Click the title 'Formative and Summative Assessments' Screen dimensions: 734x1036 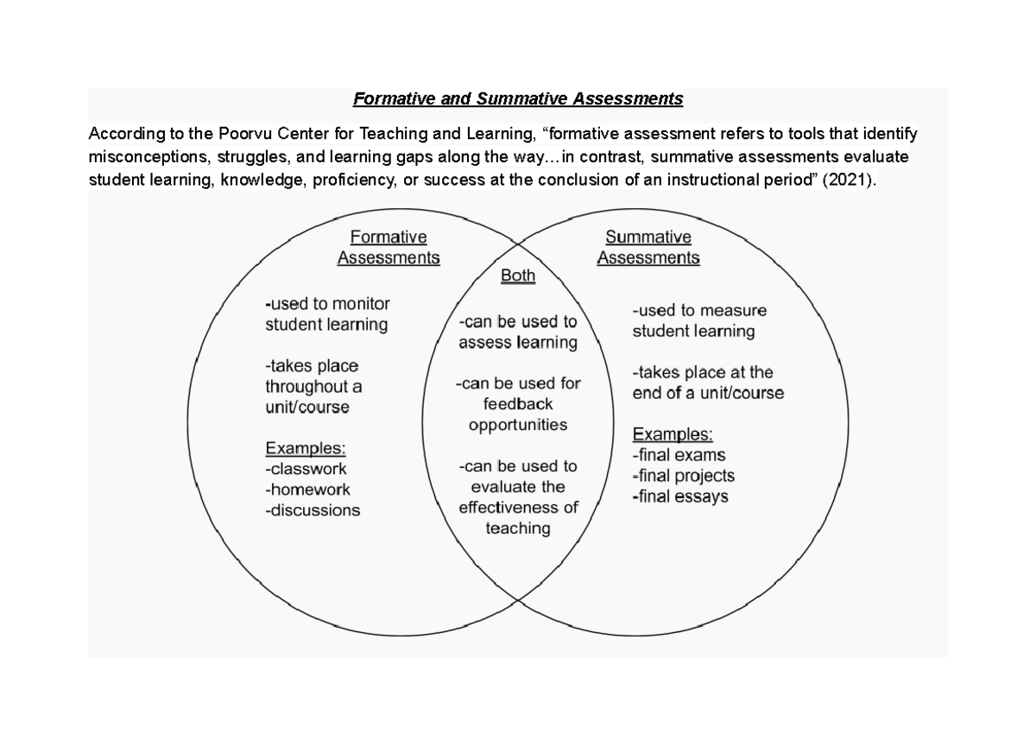click(x=518, y=98)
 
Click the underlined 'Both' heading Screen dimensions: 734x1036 click(x=518, y=276)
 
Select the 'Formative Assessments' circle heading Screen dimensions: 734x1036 click(x=388, y=247)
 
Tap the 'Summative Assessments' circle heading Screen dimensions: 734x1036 click(x=648, y=247)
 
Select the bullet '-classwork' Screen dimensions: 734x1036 click(x=306, y=469)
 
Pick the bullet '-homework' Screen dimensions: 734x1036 click(x=307, y=490)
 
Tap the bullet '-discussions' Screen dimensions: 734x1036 click(x=313, y=510)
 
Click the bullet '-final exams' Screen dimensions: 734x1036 click(x=679, y=455)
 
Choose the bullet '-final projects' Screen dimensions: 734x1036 click(x=683, y=476)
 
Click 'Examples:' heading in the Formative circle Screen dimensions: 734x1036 click(x=306, y=448)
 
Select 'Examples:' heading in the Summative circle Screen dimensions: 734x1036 click(x=673, y=433)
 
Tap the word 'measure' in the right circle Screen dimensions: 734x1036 click(x=734, y=310)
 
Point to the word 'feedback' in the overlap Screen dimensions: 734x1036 click(x=518, y=404)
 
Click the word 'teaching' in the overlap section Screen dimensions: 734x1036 click(x=518, y=528)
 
